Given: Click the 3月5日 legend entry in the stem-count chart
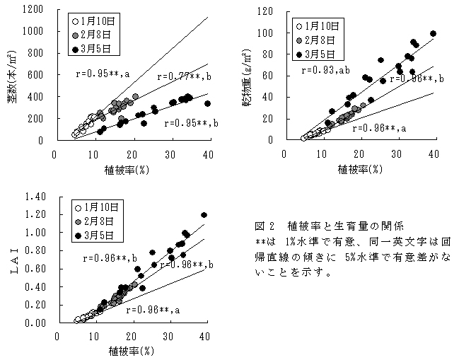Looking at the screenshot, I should [100, 49].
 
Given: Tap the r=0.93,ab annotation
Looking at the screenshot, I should [327, 71].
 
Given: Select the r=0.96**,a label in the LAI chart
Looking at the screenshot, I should [153, 309].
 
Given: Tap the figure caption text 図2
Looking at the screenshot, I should [263, 226].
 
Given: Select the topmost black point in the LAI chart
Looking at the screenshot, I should [204, 215].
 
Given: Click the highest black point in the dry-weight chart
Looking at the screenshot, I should [433, 33].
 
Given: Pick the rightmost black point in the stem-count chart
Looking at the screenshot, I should [207, 103].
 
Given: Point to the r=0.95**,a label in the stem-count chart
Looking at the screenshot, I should [103, 74].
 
